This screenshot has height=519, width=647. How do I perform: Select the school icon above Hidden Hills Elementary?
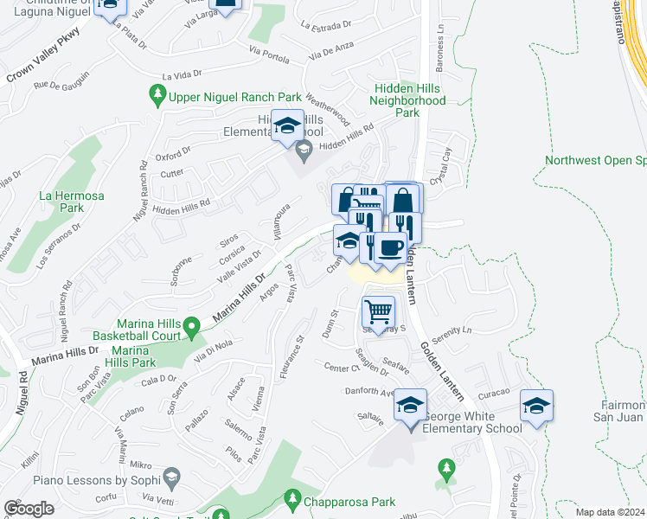[x=287, y=126]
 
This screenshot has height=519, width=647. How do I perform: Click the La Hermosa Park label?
[x=72, y=202]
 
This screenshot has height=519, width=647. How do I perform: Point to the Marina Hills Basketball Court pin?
[x=194, y=325]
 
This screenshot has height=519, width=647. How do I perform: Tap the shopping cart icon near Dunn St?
[x=377, y=311]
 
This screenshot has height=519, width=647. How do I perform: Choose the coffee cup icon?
[x=390, y=248]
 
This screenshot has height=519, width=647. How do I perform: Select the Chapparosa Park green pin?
[x=292, y=500]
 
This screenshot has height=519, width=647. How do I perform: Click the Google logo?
[x=29, y=509]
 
